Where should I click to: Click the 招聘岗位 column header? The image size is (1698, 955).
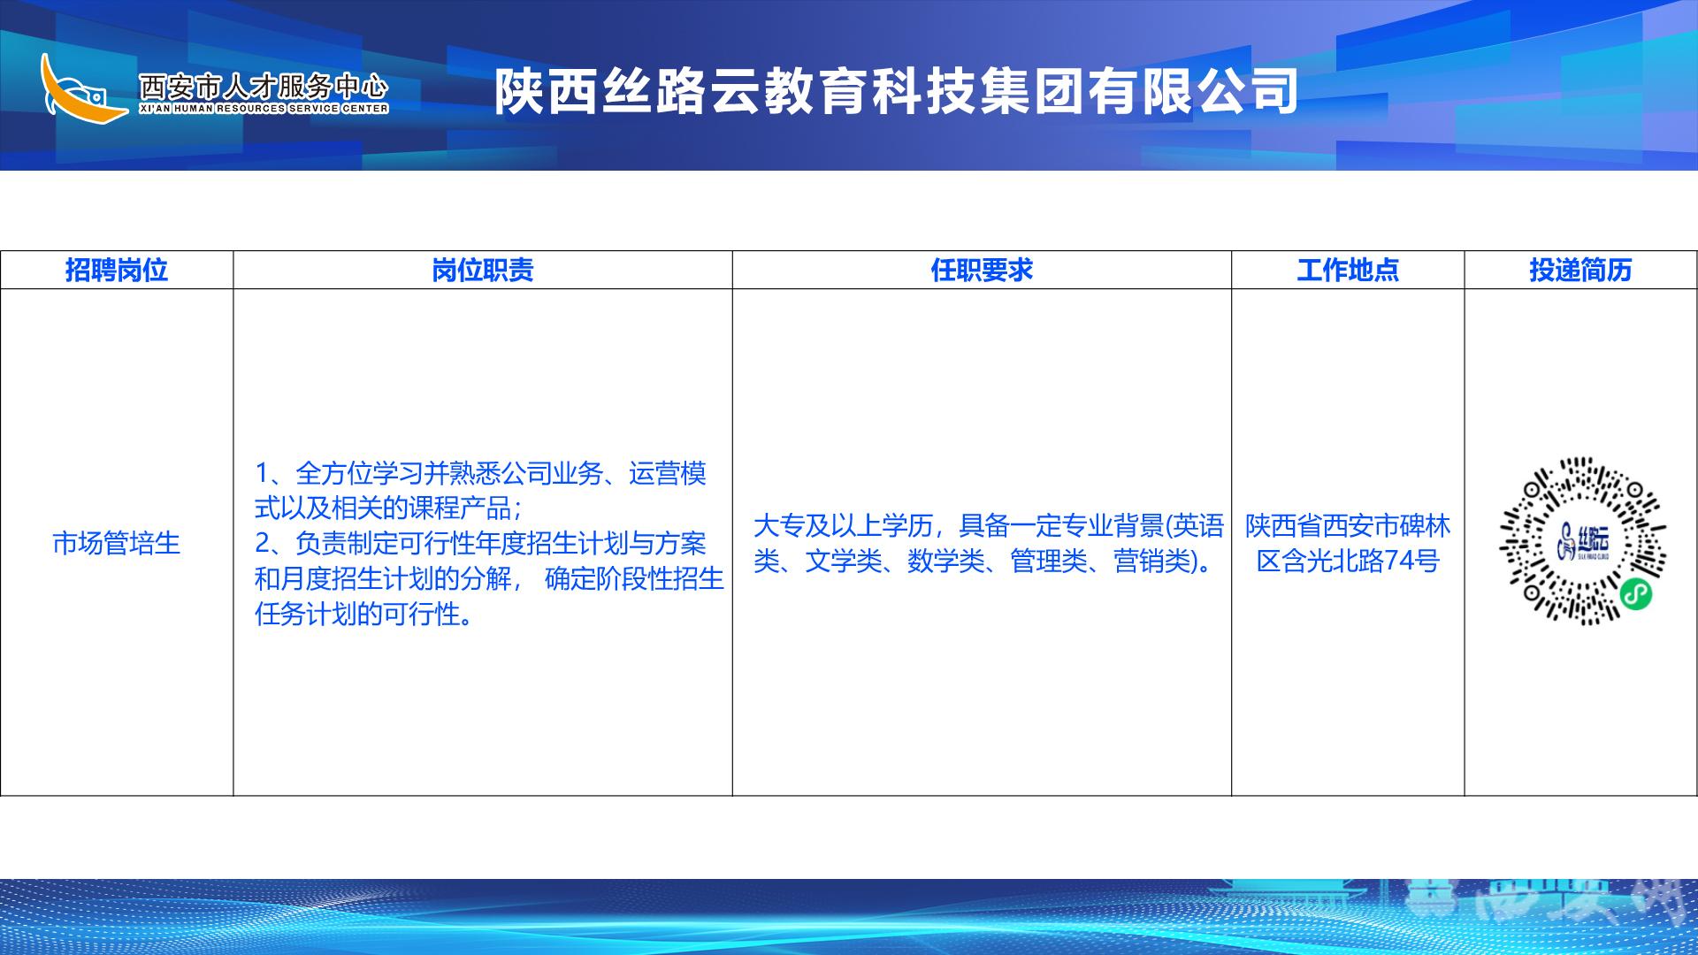pyautogui.click(x=117, y=270)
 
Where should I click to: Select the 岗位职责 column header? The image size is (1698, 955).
pyautogui.click(x=483, y=270)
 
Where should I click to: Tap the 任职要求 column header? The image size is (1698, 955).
pyautogui.click(x=982, y=270)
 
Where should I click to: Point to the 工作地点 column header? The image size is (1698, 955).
pyautogui.click(x=1348, y=270)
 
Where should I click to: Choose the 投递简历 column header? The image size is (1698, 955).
pyautogui.click(x=1580, y=270)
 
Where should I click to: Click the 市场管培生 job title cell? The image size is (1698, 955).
pyautogui.click(x=117, y=543)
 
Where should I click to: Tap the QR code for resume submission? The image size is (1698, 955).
pyautogui.click(x=1582, y=541)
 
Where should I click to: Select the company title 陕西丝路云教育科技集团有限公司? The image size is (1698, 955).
pyautogui.click(x=896, y=91)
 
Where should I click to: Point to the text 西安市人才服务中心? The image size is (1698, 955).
pyautogui.click(x=264, y=86)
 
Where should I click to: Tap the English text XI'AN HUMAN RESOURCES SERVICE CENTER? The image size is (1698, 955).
pyautogui.click(x=264, y=109)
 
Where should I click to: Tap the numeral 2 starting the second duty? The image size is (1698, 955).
pyautogui.click(x=263, y=544)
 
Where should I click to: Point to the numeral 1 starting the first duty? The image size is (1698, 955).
pyautogui.click(x=263, y=474)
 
